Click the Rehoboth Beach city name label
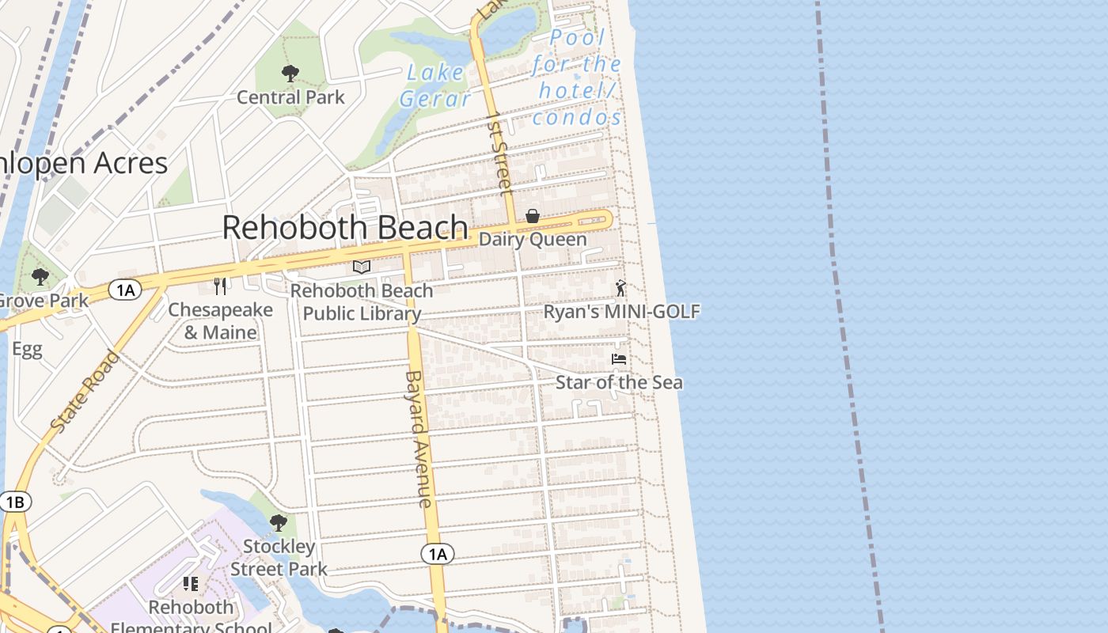tap(345, 228)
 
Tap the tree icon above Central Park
tap(290, 74)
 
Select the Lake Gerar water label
tap(434, 85)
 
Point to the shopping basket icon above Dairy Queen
tap(533, 216)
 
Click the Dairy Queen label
tap(533, 239)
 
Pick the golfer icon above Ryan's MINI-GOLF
tap(620, 288)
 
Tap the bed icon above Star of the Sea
tap(619, 359)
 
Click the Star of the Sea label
tap(619, 383)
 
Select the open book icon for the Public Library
tap(362, 267)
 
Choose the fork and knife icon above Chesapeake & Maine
tap(220, 286)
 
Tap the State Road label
tap(85, 392)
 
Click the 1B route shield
tap(15, 502)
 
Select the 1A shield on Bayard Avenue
tap(438, 554)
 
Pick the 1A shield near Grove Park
tap(125, 290)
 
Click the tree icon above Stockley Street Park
tap(278, 523)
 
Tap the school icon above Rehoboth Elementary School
tap(191, 584)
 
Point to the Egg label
tap(27, 350)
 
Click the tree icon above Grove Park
tap(40, 277)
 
